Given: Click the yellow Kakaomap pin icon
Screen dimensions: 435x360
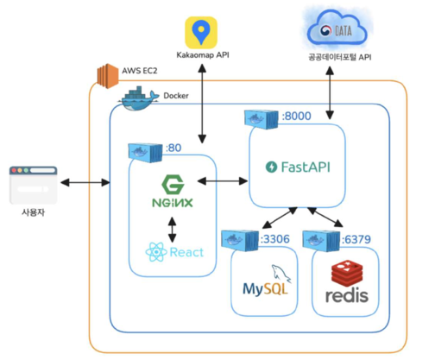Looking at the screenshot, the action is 201,33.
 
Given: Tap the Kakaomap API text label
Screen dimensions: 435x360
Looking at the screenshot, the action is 203,55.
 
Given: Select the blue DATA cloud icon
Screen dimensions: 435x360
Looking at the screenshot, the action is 337,28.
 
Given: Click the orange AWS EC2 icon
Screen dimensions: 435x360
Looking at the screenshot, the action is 108,76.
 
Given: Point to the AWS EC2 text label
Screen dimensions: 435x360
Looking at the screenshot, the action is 140,71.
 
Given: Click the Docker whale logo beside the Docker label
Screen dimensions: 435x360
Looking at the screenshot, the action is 138,98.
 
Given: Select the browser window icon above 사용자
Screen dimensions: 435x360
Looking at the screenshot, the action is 34,185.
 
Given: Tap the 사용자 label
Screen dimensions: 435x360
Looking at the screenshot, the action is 34,212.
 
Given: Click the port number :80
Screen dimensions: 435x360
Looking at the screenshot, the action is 173,148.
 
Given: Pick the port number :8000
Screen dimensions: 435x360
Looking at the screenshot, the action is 297,116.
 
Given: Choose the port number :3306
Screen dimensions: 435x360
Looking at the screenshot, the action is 275,239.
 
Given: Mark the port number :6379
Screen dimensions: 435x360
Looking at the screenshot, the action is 356,239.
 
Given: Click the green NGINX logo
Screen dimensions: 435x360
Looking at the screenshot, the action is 173,191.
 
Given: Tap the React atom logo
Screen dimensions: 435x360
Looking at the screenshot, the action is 156,252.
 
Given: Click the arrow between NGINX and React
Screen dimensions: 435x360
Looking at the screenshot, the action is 172,230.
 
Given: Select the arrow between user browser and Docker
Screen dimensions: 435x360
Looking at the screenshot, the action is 85,182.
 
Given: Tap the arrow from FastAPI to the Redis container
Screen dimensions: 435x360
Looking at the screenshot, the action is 325,217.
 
